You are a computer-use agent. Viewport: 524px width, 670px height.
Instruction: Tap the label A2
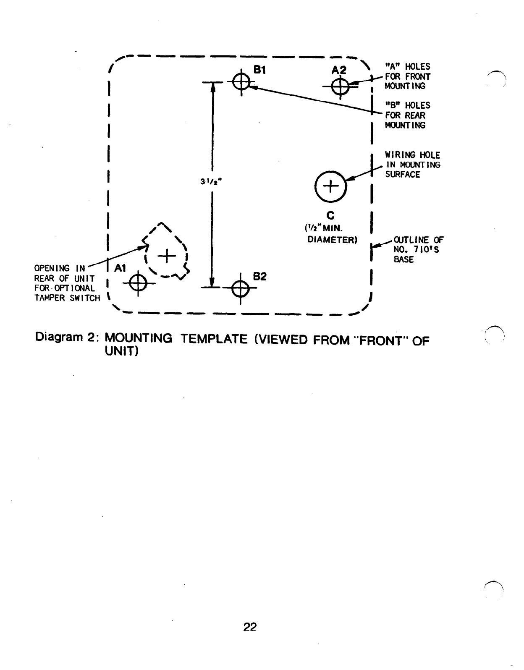(x=339, y=70)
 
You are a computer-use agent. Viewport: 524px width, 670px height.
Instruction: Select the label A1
(x=121, y=267)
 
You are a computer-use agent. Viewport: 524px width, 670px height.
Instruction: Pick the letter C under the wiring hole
(x=331, y=215)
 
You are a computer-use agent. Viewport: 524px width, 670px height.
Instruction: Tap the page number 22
(x=250, y=627)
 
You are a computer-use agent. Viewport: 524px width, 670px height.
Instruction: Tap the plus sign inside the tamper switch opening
(x=167, y=256)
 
